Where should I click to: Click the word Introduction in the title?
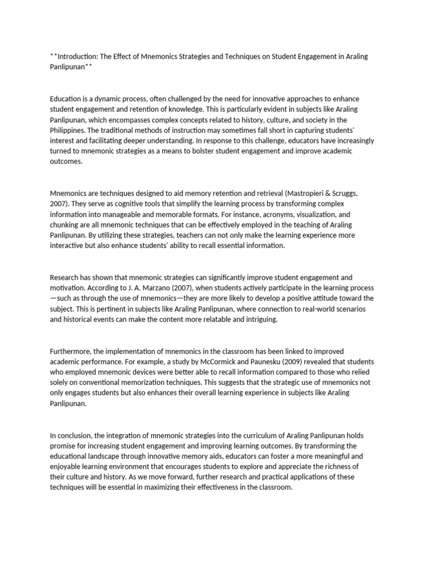[x=76, y=57]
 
